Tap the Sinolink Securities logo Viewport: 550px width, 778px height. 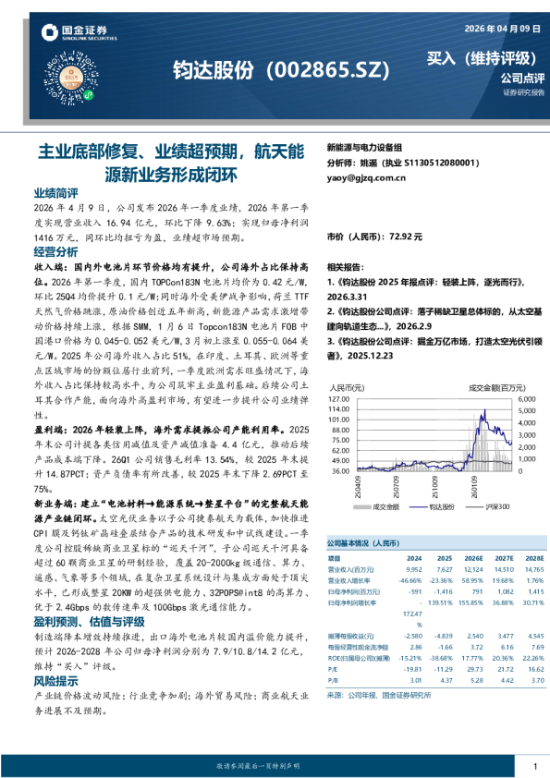coord(73,34)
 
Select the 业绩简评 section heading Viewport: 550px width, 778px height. coord(56,193)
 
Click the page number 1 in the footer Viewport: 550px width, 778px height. coord(535,766)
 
